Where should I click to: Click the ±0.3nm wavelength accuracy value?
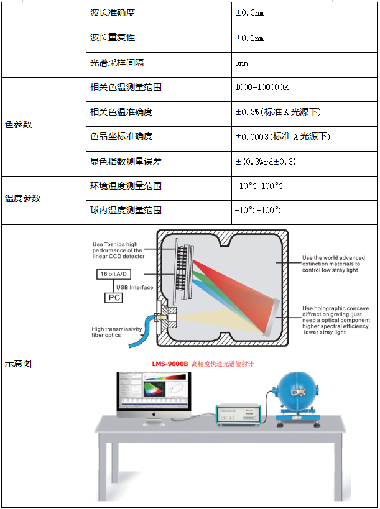tap(249, 13)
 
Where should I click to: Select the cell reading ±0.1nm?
tap(249, 38)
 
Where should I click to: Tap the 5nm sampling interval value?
tap(242, 63)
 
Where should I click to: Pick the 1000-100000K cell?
tap(262, 88)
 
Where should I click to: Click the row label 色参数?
tap(19, 124)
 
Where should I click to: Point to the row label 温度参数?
tap(23, 198)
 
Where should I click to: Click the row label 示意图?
tap(19, 364)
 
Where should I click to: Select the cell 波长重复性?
tap(113, 38)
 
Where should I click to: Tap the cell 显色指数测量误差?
tap(126, 162)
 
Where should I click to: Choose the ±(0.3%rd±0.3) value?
tap(266, 162)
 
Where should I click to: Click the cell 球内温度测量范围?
tap(126, 210)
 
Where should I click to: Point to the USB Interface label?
tap(132, 287)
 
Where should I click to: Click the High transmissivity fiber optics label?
tap(117, 332)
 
